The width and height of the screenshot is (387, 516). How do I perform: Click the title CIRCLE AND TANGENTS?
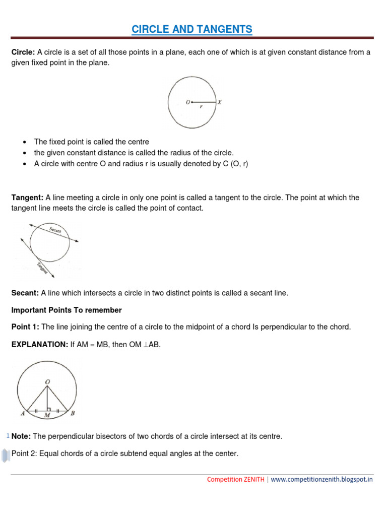[x=192, y=30]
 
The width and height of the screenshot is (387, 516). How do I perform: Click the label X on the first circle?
[x=220, y=102]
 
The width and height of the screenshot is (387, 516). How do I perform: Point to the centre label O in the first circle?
[x=187, y=102]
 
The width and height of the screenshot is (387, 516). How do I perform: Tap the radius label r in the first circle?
[x=202, y=107]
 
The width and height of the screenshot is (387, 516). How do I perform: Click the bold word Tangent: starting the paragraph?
[x=28, y=198]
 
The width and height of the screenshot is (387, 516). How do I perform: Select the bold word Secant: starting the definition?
[x=25, y=293]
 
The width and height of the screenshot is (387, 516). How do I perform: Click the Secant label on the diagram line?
[x=55, y=230]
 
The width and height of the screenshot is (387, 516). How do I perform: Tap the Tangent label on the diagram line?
[x=42, y=268]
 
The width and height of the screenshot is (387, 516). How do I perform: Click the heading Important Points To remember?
[x=67, y=310]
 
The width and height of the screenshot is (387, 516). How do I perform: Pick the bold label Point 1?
[x=25, y=327]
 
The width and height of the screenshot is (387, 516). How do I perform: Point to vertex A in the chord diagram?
[x=23, y=414]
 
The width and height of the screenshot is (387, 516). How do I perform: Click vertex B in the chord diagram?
[x=73, y=414]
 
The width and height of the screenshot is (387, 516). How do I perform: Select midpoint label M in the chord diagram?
[x=47, y=415]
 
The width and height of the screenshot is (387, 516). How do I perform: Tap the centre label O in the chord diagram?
[x=47, y=382]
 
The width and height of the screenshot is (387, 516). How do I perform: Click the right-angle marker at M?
[x=49, y=408]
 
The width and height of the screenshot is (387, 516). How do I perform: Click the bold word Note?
[x=21, y=436]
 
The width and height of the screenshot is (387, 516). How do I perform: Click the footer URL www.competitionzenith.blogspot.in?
[x=322, y=480]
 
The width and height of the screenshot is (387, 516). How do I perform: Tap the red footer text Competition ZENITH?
[x=235, y=480]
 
